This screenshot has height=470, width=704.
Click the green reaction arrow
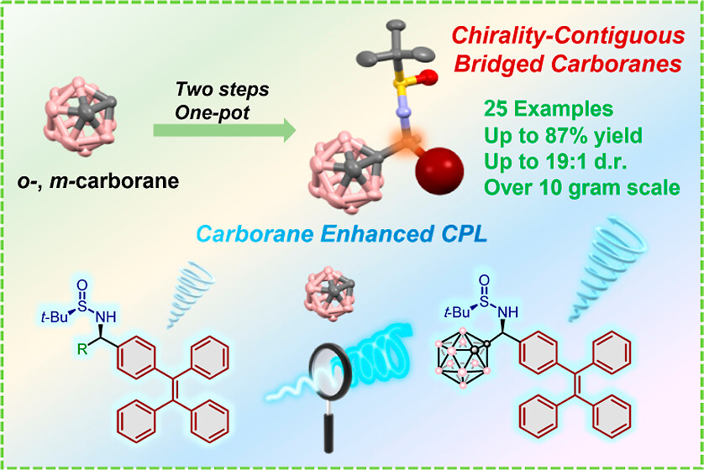point(224,130)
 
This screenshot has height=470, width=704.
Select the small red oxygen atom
point(429,77)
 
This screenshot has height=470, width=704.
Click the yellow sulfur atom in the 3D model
point(400,83)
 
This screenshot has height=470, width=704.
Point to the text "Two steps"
point(222,89)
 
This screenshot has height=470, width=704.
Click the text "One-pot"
point(212,112)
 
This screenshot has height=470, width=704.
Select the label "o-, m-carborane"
point(98,181)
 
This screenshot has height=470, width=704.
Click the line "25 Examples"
point(549,108)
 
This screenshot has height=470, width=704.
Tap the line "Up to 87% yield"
point(564,135)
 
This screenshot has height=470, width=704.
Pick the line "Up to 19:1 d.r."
point(556,161)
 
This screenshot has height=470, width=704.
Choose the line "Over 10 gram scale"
point(582,187)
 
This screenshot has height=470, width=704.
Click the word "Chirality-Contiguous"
point(569,35)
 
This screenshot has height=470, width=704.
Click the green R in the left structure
point(82,348)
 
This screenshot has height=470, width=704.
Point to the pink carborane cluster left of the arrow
point(80,116)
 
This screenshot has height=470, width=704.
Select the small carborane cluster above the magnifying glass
point(329,294)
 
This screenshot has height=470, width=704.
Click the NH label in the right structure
point(507,312)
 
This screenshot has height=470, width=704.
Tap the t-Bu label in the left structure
point(54,317)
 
